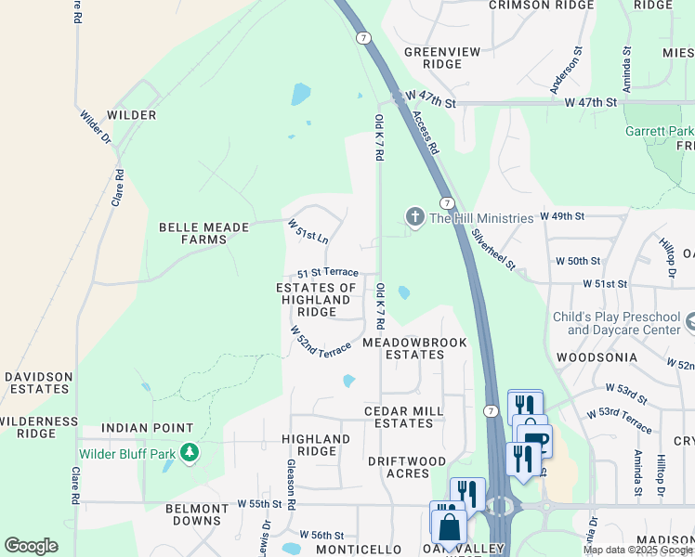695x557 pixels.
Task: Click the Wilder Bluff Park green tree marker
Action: [190, 453]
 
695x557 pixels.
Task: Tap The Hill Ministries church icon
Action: [414, 217]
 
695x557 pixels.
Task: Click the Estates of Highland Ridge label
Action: [317, 300]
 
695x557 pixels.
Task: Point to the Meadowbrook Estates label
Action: [414, 348]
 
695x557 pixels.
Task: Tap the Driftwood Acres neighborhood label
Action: [406, 467]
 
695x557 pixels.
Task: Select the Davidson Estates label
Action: [38, 383]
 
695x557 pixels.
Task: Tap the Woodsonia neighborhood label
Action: [597, 356]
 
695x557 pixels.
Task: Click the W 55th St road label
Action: [258, 503]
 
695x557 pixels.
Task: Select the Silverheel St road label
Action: [492, 250]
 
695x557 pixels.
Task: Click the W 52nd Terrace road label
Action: [321, 341]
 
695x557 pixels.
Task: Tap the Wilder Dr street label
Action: [95, 127]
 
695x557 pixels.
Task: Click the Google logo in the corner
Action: [31, 546]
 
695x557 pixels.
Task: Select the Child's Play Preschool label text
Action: [616, 323]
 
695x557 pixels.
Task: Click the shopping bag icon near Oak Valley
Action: [449, 526]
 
